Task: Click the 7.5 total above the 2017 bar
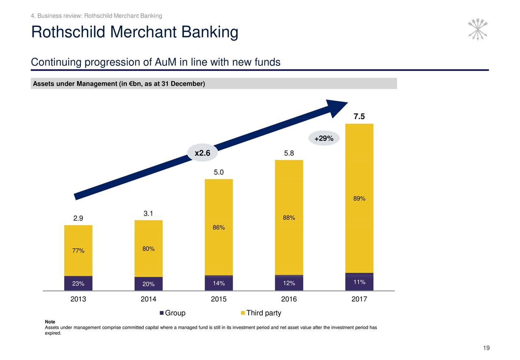359,117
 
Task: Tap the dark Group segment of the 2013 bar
78,284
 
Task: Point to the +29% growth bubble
324,139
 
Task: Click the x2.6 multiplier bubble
203,153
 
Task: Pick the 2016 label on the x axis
289,299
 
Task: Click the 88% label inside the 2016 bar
289,218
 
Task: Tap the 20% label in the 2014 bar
148,284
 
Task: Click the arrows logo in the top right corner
478,29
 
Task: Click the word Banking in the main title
209,32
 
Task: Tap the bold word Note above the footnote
50,322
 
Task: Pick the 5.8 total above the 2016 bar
289,153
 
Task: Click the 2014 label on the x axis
148,299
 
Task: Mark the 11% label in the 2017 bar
359,282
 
